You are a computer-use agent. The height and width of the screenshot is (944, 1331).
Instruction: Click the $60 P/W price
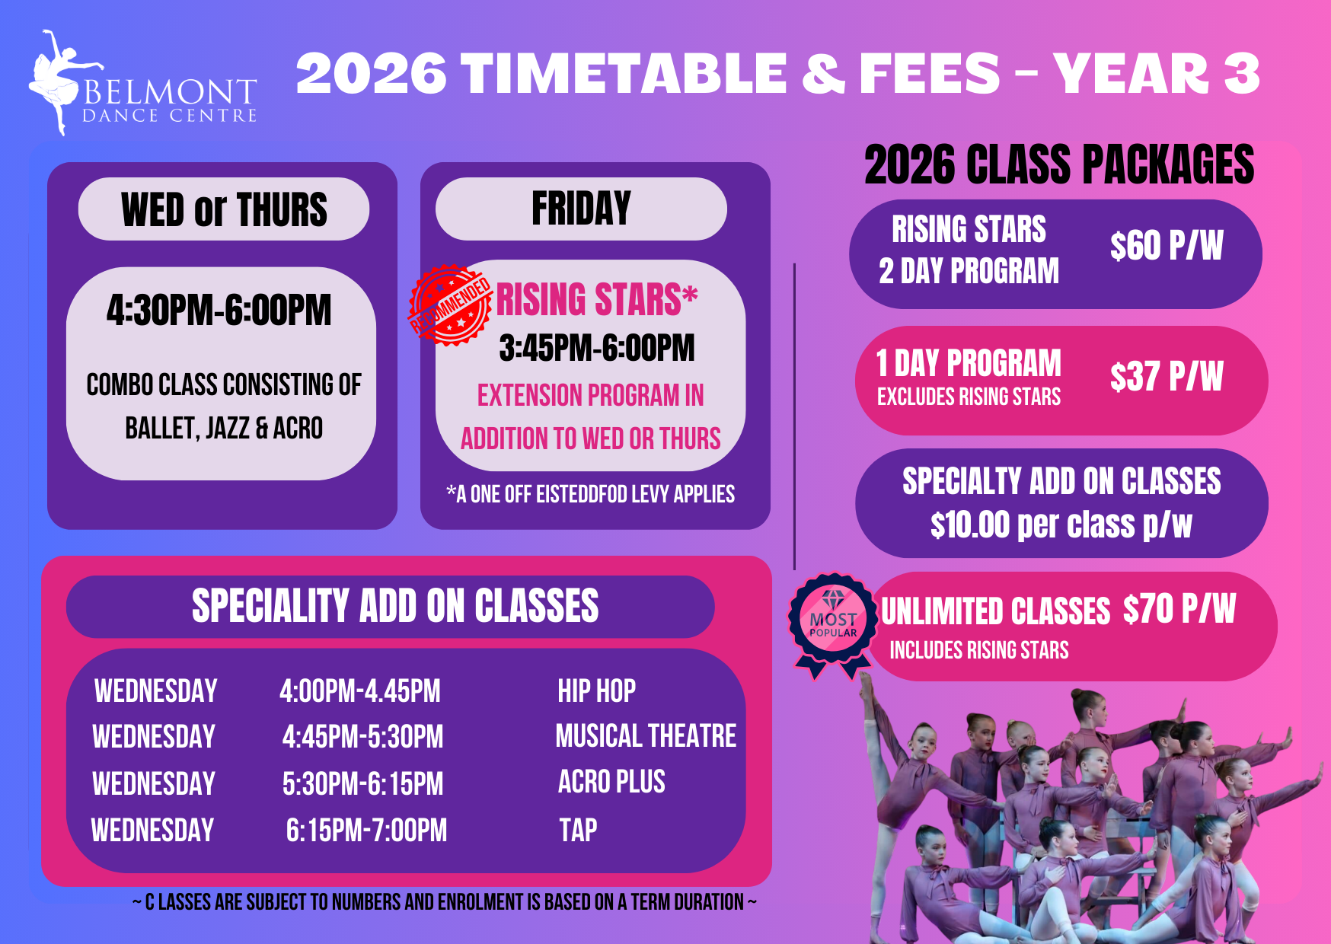click(1166, 246)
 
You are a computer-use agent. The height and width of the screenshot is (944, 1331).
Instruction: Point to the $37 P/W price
click(1166, 376)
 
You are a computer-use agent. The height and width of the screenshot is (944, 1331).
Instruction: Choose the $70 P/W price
click(1179, 609)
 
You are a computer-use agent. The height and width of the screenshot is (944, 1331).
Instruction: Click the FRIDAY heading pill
click(581, 209)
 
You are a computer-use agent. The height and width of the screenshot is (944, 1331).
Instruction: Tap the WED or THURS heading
click(224, 209)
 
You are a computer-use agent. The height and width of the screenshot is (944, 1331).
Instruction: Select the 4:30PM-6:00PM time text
click(219, 310)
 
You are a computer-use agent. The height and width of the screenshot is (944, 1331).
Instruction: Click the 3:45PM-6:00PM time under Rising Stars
click(597, 348)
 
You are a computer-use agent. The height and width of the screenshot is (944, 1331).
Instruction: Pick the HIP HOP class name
click(596, 691)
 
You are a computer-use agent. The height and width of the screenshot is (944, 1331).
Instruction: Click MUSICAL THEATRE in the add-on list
click(646, 736)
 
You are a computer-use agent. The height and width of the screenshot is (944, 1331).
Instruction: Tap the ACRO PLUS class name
click(611, 782)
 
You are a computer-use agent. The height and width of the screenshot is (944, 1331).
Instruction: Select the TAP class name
click(578, 830)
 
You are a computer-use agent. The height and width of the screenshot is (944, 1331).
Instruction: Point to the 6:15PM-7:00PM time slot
click(366, 831)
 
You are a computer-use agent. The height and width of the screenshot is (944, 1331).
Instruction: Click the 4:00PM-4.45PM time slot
click(360, 691)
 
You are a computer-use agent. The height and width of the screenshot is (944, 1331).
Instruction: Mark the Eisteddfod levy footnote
click(591, 495)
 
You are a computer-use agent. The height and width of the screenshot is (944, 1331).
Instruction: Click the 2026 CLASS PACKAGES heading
click(1059, 164)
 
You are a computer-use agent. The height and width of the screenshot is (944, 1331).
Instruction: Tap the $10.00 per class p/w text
click(1061, 525)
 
